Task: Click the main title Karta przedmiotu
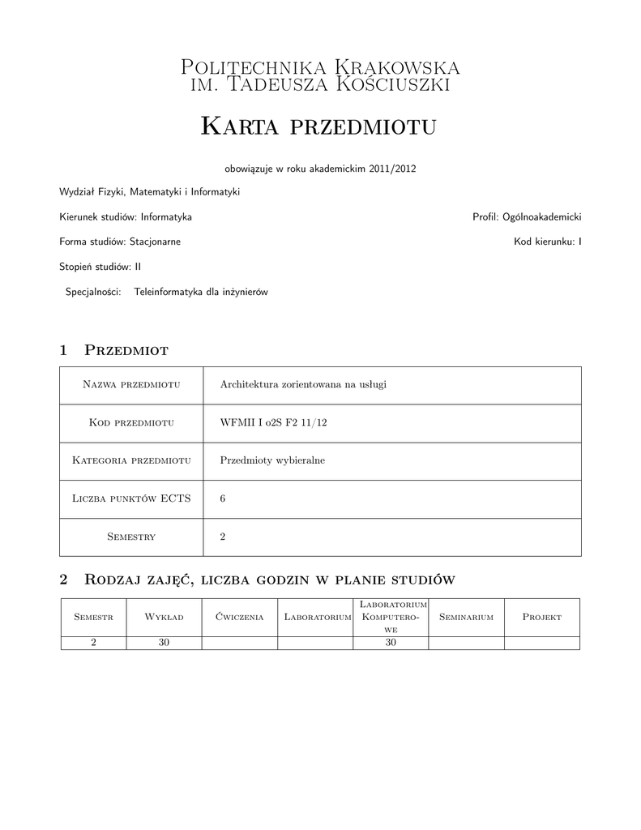point(319,126)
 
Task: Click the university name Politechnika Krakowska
point(319,66)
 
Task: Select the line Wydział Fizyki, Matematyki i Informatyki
point(149,192)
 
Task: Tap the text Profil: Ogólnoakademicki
point(527,217)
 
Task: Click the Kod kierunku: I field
point(547,242)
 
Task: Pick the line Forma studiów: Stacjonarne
point(120,242)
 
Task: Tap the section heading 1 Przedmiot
point(114,350)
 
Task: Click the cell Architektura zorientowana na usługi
point(303,384)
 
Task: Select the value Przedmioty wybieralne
point(271,460)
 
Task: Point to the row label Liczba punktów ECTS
point(131,498)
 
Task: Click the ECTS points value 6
point(223,498)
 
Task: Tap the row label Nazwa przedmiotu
point(131,384)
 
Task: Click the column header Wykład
point(164,617)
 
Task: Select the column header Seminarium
point(466,617)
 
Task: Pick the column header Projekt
point(542,617)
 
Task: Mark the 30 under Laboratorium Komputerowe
point(391,642)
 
